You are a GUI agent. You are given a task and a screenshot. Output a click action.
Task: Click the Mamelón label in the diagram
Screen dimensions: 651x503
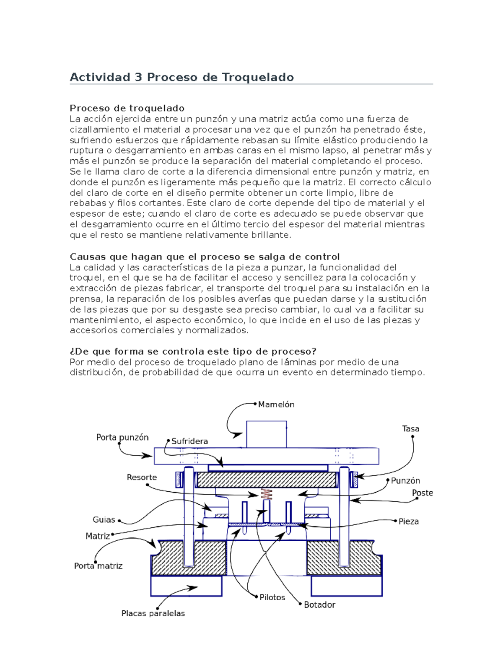(x=276, y=405)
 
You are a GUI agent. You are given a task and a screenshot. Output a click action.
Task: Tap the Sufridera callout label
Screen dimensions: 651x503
(x=189, y=441)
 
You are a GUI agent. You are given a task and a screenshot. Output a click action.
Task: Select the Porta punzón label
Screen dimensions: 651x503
(x=122, y=437)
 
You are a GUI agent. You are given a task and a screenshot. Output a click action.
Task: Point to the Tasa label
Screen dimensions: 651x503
(x=410, y=429)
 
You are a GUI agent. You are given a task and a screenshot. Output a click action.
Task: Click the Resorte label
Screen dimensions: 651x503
(x=142, y=477)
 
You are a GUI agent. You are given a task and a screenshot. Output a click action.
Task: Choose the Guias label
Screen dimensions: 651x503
(x=104, y=520)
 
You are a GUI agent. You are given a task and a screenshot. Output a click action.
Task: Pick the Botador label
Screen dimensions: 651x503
(x=319, y=604)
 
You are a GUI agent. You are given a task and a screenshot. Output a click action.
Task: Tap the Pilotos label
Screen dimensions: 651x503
(x=272, y=597)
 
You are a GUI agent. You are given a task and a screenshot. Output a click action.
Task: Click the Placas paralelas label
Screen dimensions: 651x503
(x=153, y=613)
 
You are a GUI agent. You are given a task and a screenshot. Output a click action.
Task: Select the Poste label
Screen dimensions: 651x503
(x=422, y=493)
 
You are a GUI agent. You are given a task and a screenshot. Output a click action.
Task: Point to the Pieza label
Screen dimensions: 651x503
(x=408, y=521)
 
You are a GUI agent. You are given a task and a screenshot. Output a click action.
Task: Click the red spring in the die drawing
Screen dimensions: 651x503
(x=266, y=494)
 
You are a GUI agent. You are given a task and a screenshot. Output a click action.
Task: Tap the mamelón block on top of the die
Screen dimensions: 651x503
(x=266, y=434)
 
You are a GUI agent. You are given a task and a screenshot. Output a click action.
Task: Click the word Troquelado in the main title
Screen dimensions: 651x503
(x=257, y=77)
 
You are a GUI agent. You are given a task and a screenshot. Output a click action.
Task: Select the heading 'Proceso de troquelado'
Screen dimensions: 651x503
(x=127, y=108)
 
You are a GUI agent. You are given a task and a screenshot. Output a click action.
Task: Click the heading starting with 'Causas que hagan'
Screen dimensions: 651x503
(x=205, y=257)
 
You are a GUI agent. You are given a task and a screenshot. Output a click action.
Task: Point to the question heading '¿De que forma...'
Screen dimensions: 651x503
(x=193, y=351)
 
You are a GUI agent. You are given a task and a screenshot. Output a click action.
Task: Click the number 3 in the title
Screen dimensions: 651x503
(x=138, y=77)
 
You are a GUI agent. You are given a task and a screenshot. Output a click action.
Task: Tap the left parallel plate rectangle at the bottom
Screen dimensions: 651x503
(x=186, y=586)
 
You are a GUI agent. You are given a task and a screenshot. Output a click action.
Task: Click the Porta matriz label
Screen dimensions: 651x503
(x=98, y=566)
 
